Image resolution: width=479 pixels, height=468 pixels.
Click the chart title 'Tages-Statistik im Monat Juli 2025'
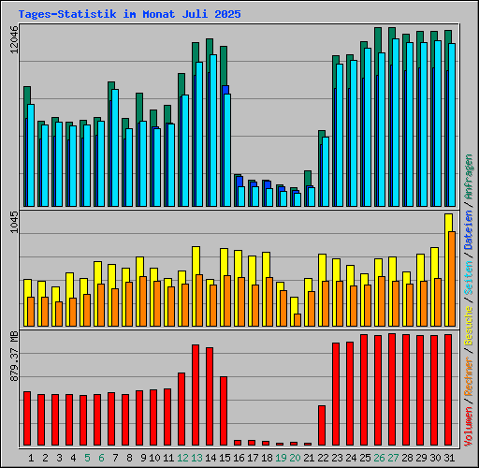click(129, 15)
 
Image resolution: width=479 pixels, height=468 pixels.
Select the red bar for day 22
click(322, 425)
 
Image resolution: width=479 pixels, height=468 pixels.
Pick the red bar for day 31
click(448, 389)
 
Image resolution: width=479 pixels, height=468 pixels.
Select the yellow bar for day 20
click(294, 304)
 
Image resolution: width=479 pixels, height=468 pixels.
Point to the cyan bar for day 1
click(31, 154)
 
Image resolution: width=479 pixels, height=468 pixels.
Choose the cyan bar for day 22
click(326, 171)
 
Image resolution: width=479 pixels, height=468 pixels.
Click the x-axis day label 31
click(448, 458)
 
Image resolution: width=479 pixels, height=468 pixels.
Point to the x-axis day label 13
click(196, 458)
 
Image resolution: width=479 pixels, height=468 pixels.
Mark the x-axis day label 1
click(32, 458)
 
